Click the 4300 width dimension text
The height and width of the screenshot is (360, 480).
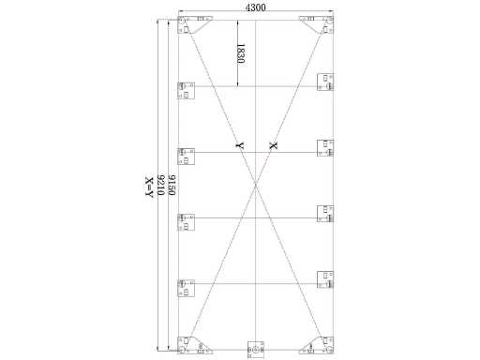[256, 7]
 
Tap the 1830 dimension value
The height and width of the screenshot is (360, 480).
[240, 53]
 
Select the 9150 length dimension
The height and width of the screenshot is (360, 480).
[172, 185]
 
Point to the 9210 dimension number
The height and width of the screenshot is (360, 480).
[160, 185]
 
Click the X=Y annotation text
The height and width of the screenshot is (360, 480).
[149, 187]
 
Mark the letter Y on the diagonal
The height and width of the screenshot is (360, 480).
[240, 145]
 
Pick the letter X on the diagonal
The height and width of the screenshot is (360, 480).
[273, 145]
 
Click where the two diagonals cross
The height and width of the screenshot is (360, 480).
[256, 185]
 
